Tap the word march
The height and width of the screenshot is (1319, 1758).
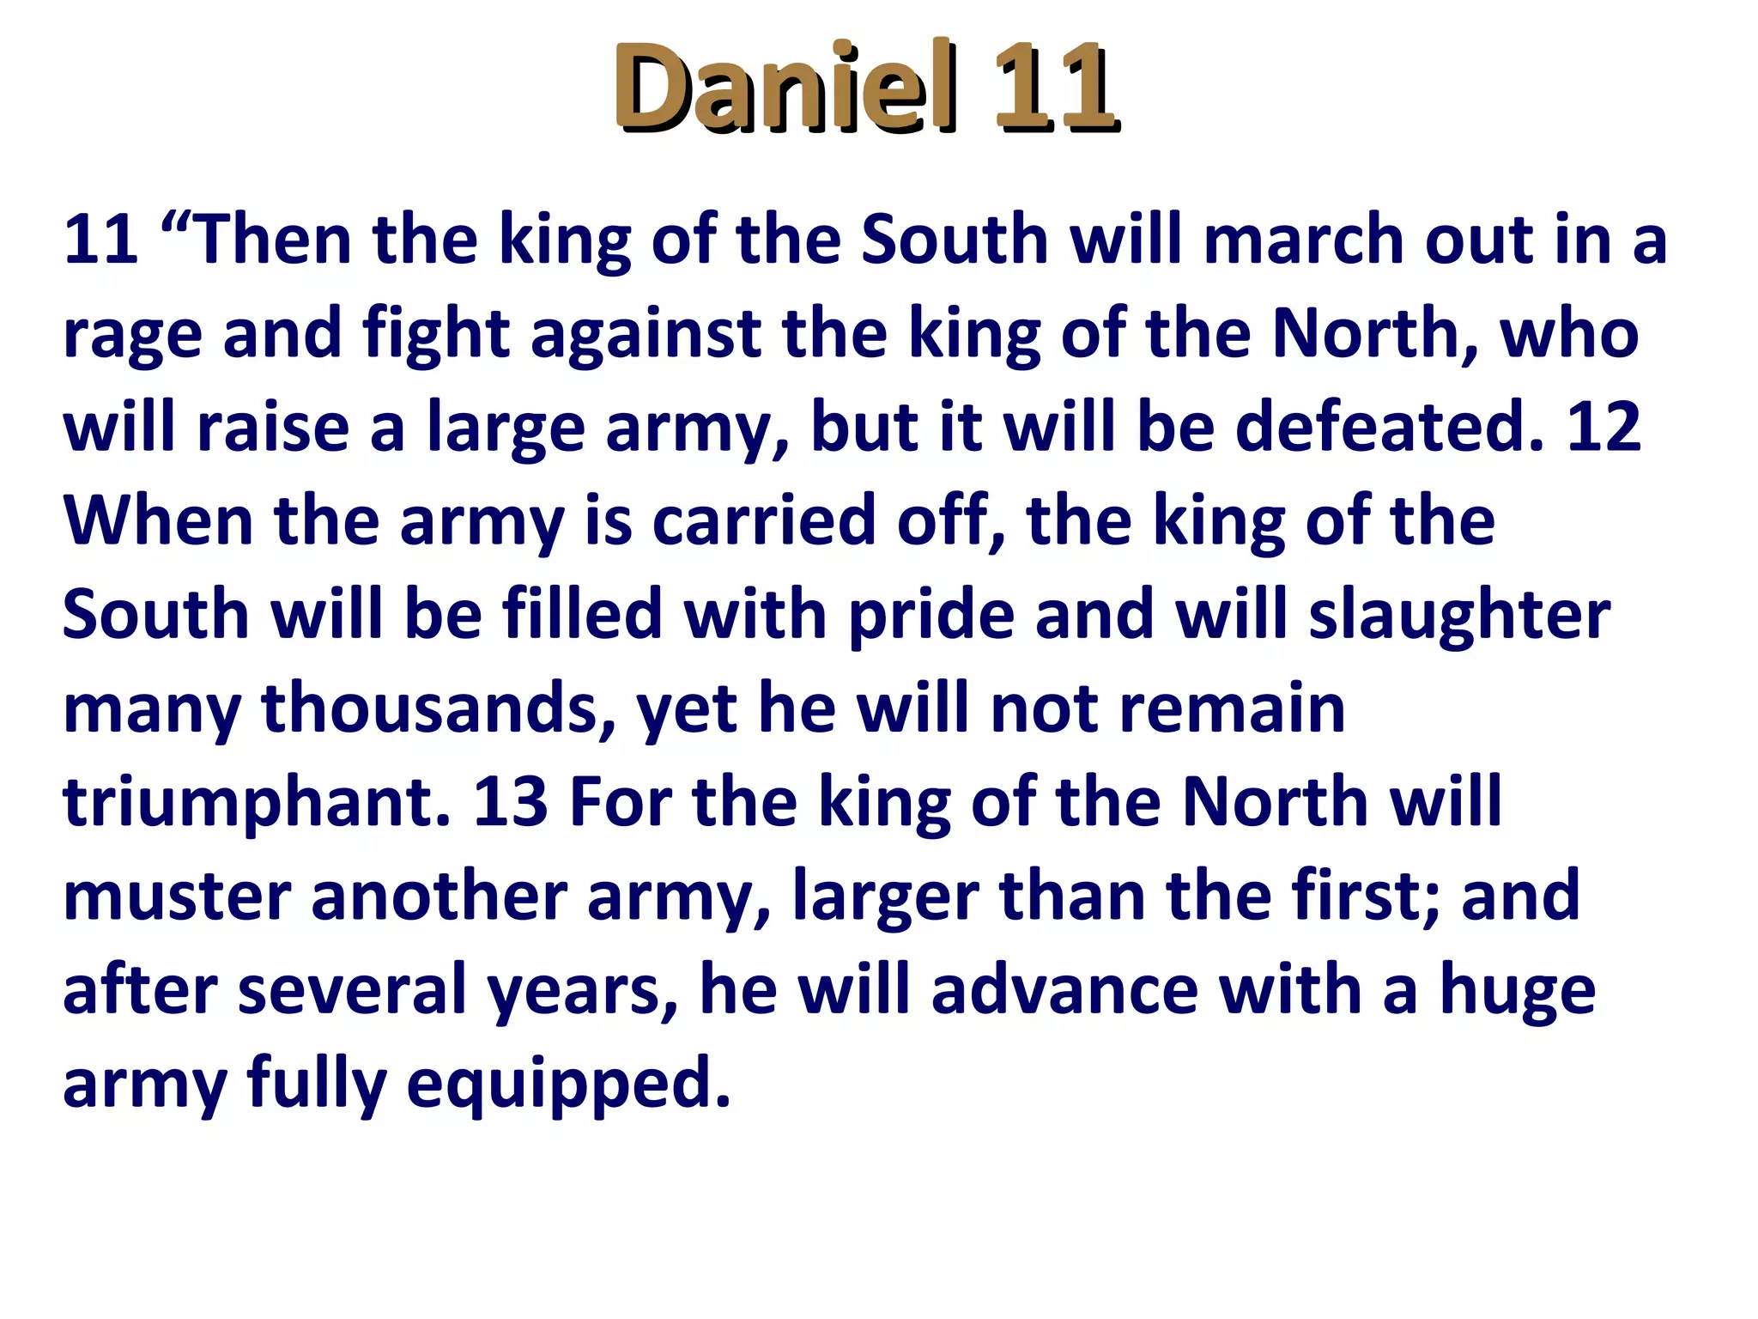point(1303,240)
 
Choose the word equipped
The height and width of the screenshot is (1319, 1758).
point(568,1085)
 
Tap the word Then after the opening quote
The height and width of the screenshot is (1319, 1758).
point(275,240)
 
